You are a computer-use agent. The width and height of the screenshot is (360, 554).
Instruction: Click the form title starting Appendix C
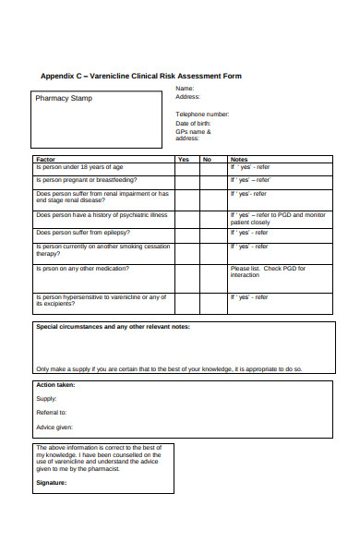pyautogui.click(x=141, y=76)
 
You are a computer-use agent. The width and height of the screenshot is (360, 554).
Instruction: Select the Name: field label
pyautogui.click(x=185, y=89)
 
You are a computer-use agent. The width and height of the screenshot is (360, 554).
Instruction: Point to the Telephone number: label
pyautogui.click(x=202, y=114)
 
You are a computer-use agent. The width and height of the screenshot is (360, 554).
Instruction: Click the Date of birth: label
pyautogui.click(x=193, y=123)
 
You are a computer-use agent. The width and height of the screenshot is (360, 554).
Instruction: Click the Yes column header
pyautogui.click(x=183, y=159)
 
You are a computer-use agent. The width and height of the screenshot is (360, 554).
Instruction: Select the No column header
pyautogui.click(x=207, y=159)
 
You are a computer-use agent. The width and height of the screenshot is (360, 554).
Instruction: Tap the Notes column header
pyautogui.click(x=239, y=159)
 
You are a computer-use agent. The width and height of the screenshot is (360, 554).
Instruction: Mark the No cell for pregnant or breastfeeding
pyautogui.click(x=213, y=180)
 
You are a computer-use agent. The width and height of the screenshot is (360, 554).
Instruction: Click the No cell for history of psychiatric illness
pyautogui.click(x=213, y=218)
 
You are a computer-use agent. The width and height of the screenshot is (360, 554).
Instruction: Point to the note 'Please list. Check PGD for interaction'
pyautogui.click(x=268, y=271)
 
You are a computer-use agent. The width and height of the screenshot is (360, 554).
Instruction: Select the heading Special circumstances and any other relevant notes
pyautogui.click(x=113, y=327)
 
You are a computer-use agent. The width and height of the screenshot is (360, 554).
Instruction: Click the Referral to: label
pyautogui.click(x=52, y=412)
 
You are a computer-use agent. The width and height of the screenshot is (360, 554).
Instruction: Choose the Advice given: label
pyautogui.click(x=54, y=428)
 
